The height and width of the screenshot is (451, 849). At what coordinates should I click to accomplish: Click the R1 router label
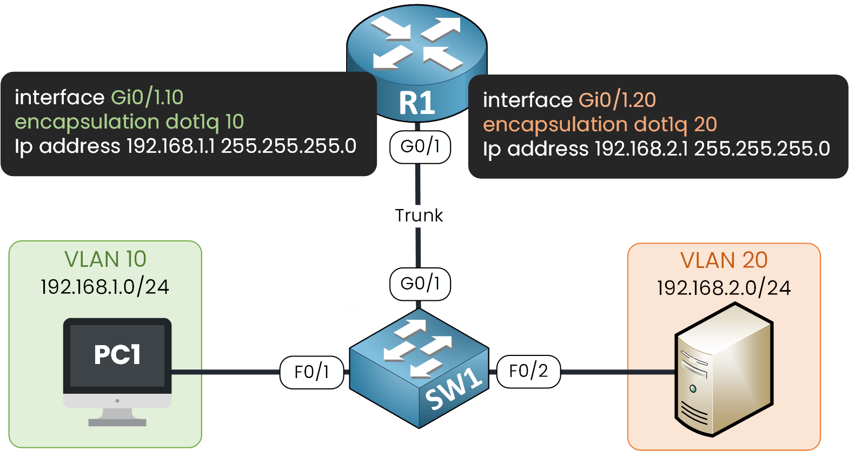point(417,103)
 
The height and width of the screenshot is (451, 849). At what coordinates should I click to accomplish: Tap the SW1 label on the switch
point(453,388)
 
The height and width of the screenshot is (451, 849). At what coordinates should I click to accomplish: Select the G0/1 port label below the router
point(420,146)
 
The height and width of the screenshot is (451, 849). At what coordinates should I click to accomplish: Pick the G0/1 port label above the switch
point(420,284)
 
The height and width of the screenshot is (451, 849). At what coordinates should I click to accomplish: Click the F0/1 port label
point(311,372)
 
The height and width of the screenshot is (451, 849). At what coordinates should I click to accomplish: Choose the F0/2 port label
point(528,371)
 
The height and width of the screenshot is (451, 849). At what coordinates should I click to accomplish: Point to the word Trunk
point(419,216)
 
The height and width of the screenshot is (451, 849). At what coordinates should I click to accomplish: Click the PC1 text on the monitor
point(117,355)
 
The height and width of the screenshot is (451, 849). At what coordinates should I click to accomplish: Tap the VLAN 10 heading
point(105,259)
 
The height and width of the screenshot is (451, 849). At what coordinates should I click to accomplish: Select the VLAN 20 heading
point(724,260)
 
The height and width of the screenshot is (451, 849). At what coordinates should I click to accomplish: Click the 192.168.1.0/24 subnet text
point(105,287)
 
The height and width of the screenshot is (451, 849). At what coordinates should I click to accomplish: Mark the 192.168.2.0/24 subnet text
point(724,288)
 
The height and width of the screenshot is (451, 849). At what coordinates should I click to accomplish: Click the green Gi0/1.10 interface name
point(147,97)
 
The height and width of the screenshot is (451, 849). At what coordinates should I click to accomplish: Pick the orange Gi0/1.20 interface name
point(617,100)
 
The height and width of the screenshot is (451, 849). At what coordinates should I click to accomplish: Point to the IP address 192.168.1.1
point(170,146)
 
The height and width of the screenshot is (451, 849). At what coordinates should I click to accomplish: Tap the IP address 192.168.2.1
point(641,149)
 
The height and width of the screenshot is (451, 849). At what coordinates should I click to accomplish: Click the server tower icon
point(724,370)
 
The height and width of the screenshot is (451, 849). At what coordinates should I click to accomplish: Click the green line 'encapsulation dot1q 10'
point(129,122)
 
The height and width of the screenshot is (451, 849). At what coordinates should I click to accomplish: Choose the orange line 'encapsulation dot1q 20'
point(600,125)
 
